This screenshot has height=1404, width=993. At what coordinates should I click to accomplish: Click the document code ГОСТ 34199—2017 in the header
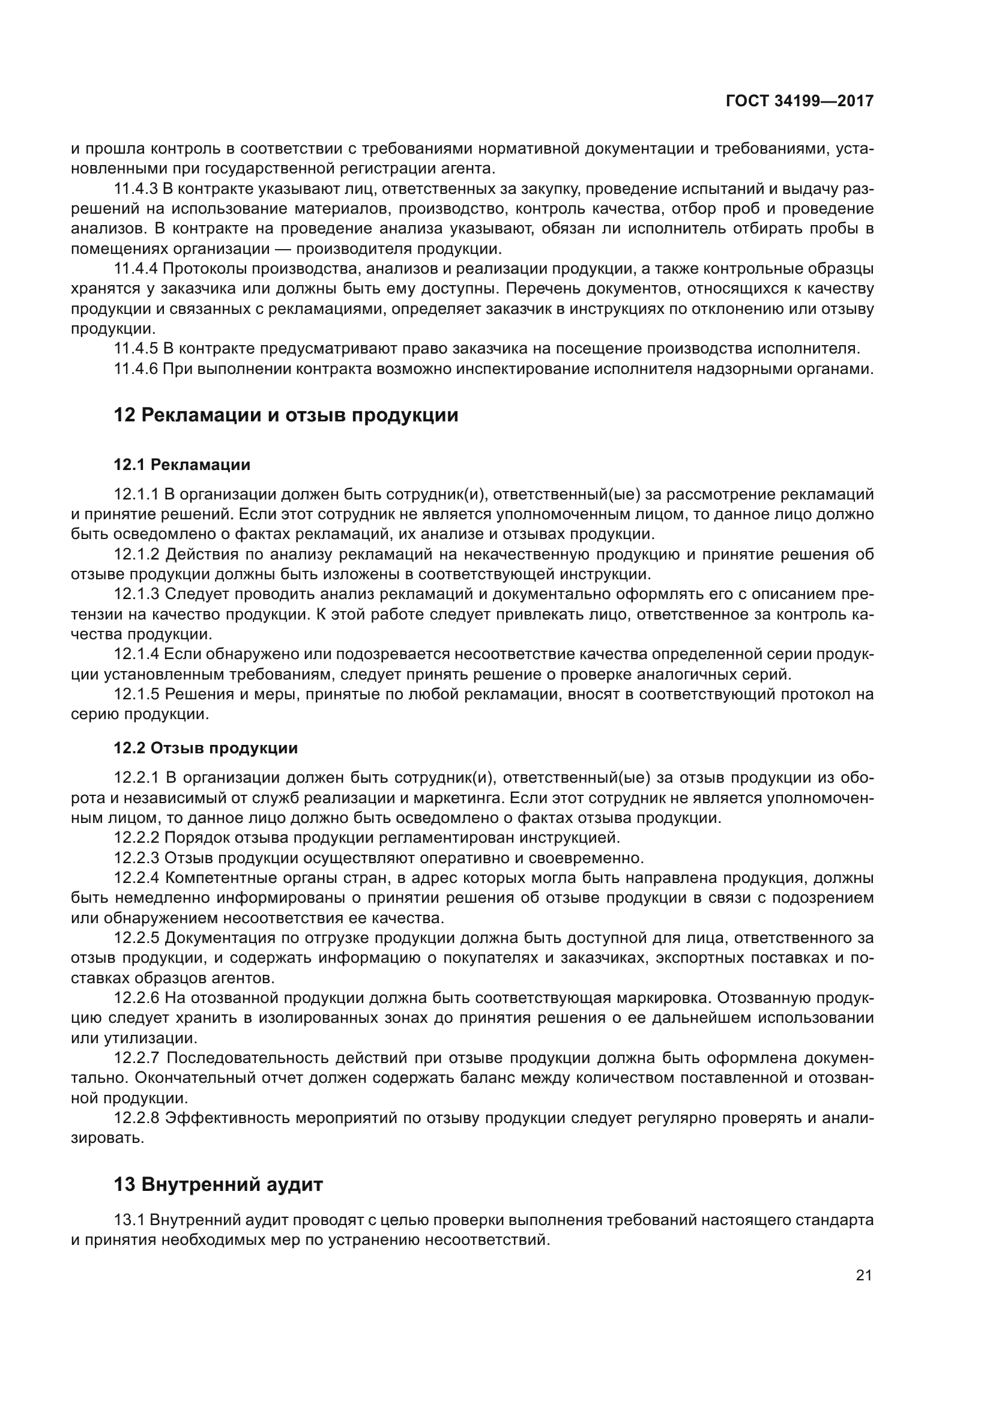click(x=799, y=101)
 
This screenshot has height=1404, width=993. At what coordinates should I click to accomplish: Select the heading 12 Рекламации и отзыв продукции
click(x=286, y=415)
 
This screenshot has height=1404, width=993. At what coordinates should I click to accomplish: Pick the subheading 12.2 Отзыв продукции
click(x=205, y=748)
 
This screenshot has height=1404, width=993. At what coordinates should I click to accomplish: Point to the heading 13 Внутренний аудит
click(x=218, y=1184)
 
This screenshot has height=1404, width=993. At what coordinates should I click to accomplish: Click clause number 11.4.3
click(x=136, y=189)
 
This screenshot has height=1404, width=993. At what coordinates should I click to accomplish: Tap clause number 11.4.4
click(x=136, y=269)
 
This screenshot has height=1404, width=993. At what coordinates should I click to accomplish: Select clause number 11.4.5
click(x=136, y=349)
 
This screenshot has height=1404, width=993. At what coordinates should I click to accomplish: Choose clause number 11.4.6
click(x=136, y=369)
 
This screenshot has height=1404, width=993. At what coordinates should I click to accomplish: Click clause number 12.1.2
click(x=136, y=555)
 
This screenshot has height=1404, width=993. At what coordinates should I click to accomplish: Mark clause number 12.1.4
click(x=136, y=654)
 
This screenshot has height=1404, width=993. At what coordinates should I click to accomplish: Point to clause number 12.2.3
click(x=136, y=858)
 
